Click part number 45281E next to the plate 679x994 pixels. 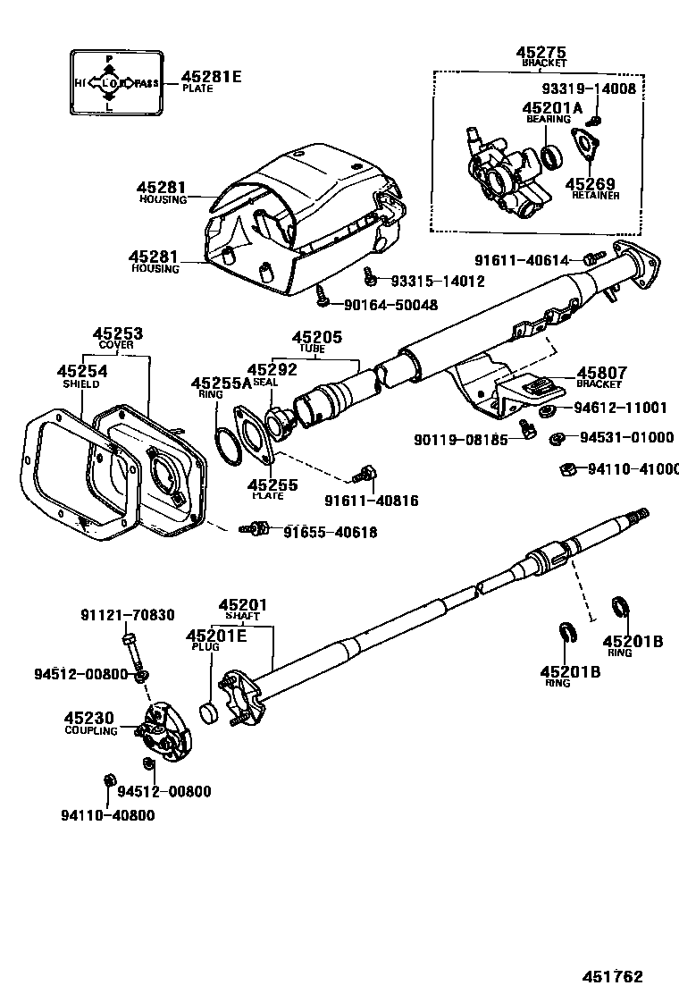(x=211, y=77)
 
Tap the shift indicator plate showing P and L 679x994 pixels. (x=115, y=83)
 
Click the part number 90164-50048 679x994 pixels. (x=391, y=305)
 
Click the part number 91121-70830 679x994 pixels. (x=128, y=615)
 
